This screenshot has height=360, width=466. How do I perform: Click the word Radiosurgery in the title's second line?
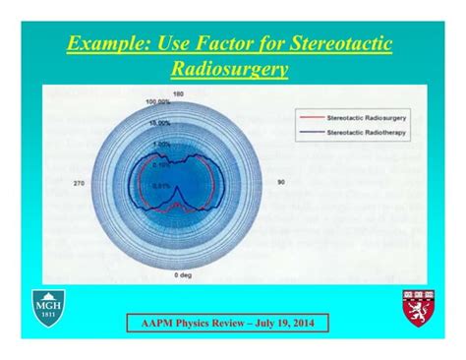point(232,70)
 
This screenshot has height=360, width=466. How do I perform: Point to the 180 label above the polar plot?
point(178,93)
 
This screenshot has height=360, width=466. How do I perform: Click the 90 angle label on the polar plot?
point(280,182)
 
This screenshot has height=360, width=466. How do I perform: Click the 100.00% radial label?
point(157,101)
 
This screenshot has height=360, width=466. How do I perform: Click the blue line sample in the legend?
point(311,130)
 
